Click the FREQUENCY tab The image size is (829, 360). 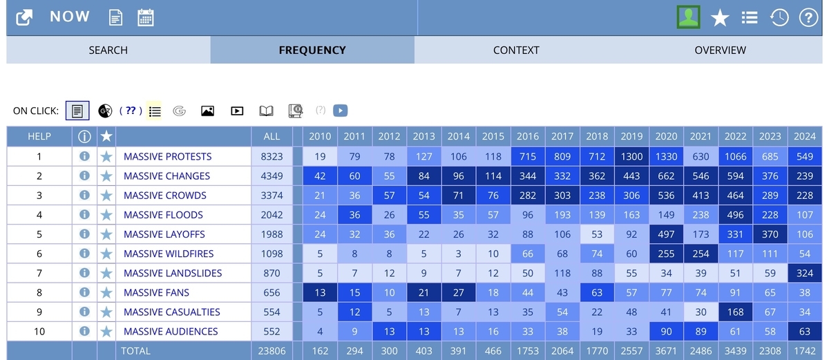312,50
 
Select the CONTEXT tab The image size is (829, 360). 516,50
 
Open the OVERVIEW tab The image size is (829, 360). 720,50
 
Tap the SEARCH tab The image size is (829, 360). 108,50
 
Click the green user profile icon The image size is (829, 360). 688,17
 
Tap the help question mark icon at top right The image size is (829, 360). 808,17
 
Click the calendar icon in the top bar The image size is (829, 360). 146,17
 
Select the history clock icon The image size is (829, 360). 779,17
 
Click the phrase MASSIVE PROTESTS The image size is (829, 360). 168,156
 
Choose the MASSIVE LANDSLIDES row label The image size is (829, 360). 173,273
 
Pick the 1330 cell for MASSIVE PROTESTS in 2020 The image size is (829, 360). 666,156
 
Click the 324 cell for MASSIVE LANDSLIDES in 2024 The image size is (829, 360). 805,273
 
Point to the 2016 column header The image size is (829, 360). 528,137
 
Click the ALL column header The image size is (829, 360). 271,137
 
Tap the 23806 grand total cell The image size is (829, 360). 271,351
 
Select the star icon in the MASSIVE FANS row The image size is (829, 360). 106,293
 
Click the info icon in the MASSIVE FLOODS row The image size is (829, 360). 84,215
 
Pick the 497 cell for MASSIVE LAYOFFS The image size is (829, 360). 666,234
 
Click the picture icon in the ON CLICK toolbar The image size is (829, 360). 208,111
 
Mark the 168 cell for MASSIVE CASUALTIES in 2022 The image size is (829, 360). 735,312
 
